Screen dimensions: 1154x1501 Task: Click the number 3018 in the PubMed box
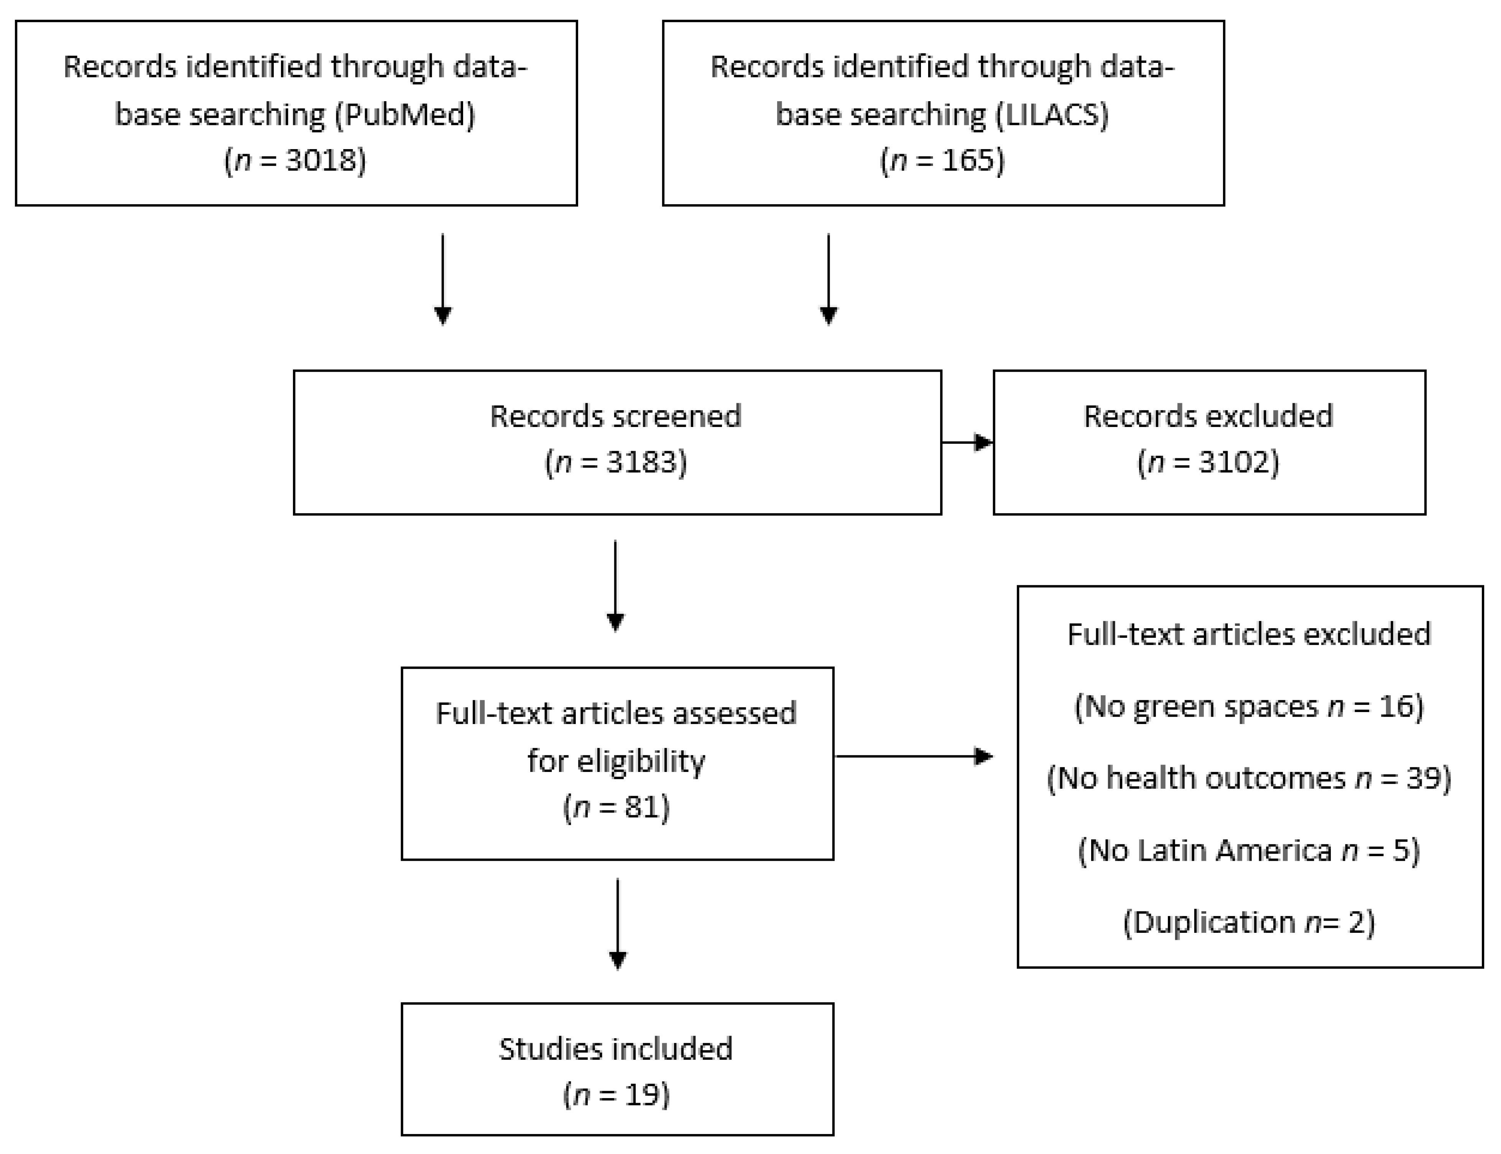pyautogui.click(x=315, y=161)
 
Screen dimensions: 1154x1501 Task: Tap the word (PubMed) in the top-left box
pyautogui.click(x=405, y=114)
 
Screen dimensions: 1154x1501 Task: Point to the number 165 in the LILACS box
pyautogui.click(x=968, y=161)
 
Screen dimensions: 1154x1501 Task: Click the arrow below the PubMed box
pyautogui.click(x=443, y=278)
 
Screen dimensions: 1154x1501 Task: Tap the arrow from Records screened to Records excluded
pyautogui.click(x=967, y=442)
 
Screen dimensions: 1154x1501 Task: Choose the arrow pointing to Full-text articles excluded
pyautogui.click(x=914, y=756)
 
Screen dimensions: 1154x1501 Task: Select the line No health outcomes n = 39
pyautogui.click(x=1249, y=778)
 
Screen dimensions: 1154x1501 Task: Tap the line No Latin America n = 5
pyautogui.click(x=1249, y=850)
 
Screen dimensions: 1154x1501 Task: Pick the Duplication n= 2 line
pyautogui.click(x=1249, y=922)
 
